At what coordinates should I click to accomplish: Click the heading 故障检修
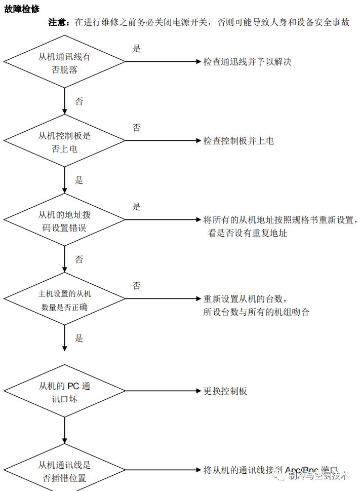coord(22,9)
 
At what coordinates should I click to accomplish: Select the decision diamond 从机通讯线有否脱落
coord(65,63)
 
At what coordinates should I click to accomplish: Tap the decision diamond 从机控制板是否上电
coord(65,142)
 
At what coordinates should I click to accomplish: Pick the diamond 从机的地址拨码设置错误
coord(65,221)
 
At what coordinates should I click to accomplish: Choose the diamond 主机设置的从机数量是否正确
coord(65,300)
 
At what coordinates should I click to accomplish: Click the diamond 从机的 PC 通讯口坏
coord(65,392)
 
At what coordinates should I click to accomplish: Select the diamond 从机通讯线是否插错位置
coord(65,471)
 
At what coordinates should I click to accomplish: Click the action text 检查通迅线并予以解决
coord(247,62)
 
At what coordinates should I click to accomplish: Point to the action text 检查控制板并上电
coord(238,141)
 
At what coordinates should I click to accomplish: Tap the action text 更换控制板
coord(225,391)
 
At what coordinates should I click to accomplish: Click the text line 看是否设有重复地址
coord(248,234)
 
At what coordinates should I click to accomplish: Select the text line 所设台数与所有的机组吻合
coord(256,312)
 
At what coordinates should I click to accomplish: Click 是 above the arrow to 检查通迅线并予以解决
coord(137,49)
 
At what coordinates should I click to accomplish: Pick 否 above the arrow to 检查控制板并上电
coord(137,128)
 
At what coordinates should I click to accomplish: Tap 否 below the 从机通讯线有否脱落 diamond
coord(79,101)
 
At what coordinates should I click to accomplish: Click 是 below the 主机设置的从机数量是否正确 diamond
coord(79,338)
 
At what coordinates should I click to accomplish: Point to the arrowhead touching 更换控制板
coord(198,391)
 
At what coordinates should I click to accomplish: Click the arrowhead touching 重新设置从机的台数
coord(198,298)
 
